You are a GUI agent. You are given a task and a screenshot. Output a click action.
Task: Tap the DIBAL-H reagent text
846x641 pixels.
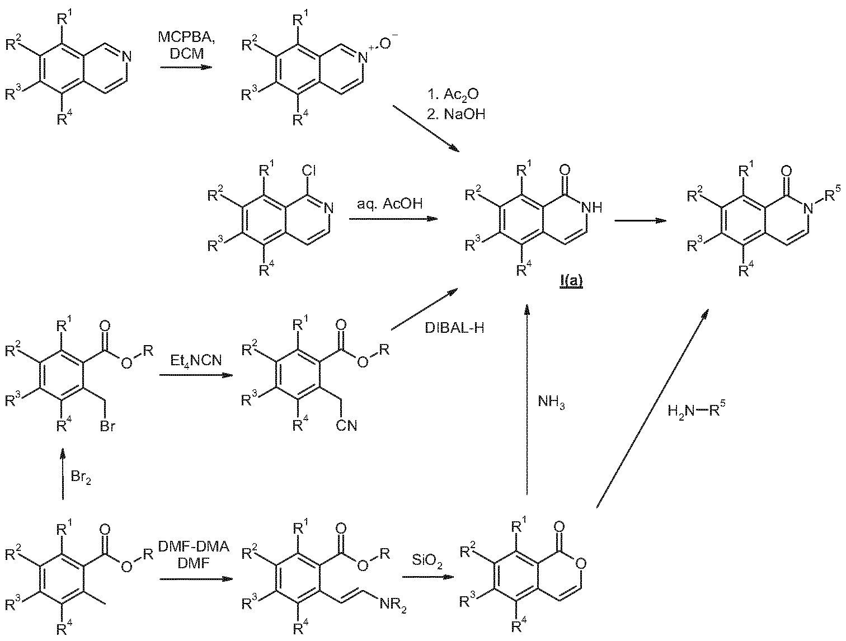tap(454, 328)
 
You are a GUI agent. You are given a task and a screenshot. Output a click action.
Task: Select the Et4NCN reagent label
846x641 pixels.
tap(196, 361)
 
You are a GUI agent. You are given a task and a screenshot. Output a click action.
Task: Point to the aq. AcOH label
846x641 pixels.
tap(389, 204)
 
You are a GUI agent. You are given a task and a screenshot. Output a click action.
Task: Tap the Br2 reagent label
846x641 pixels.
tap(81, 478)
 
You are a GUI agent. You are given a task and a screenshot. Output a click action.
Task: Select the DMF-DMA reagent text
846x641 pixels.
tap(194, 546)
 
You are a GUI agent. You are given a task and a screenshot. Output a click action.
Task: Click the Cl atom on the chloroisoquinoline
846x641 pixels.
tap(309, 171)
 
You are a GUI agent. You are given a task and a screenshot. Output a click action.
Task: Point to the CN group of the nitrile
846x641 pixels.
tap(346, 426)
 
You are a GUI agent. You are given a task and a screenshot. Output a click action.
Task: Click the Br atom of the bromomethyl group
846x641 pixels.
tap(107, 426)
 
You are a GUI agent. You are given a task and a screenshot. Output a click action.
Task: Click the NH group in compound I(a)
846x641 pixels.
tap(591, 208)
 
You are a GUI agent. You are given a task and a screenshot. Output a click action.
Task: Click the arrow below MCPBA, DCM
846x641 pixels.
tap(186, 68)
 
